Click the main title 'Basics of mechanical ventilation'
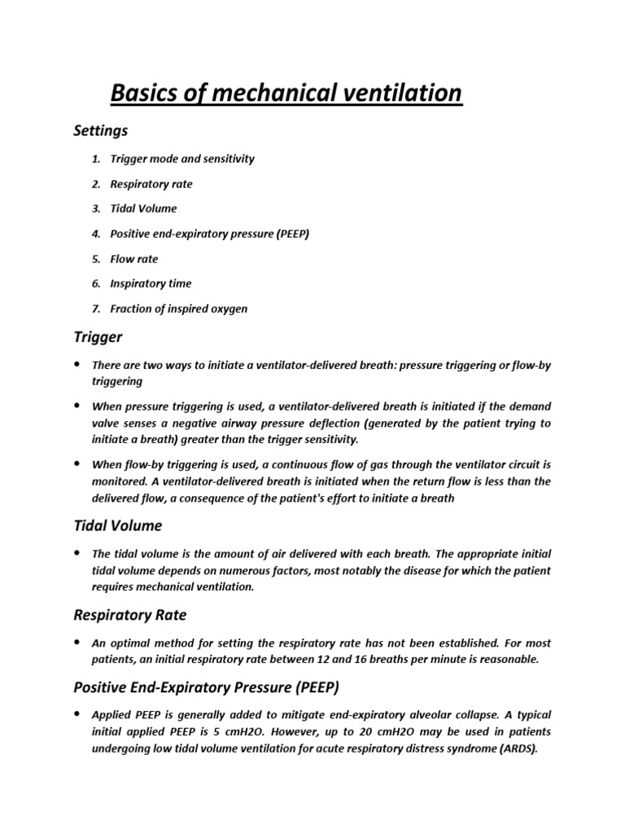(286, 94)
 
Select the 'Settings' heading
(101, 130)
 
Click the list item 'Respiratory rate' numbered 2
(153, 184)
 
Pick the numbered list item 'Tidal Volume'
(145, 208)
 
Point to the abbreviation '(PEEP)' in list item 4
(293, 234)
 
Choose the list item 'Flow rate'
(136, 259)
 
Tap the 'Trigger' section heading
(98, 336)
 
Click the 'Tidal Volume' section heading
(118, 525)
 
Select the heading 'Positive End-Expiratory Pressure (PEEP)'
(206, 686)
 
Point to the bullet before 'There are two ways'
(78, 366)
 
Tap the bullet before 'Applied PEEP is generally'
(78, 714)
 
